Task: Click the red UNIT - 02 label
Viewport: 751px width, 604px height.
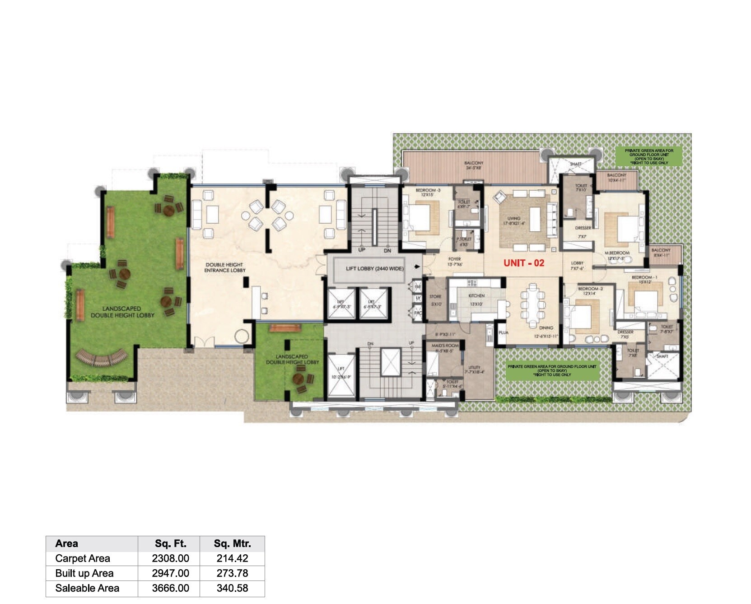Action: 524,263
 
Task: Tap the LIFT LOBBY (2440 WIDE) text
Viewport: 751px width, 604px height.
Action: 374,268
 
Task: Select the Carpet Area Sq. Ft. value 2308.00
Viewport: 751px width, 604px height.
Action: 170,558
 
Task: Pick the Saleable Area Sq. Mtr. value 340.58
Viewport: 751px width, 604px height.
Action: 232,588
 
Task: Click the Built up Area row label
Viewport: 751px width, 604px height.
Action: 84,573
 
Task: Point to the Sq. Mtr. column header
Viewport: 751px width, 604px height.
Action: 232,543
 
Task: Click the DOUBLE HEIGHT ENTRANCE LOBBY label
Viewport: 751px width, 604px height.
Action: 224,267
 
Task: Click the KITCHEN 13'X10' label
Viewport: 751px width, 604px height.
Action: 476,300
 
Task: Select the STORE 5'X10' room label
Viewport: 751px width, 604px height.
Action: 435,300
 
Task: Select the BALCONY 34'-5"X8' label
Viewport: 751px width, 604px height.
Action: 473,165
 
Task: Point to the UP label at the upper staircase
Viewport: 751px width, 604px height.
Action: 362,250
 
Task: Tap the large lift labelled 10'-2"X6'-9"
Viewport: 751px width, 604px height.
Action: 341,376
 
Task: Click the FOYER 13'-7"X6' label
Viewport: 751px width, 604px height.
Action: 454,262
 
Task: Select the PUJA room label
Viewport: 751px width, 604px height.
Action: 503,332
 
